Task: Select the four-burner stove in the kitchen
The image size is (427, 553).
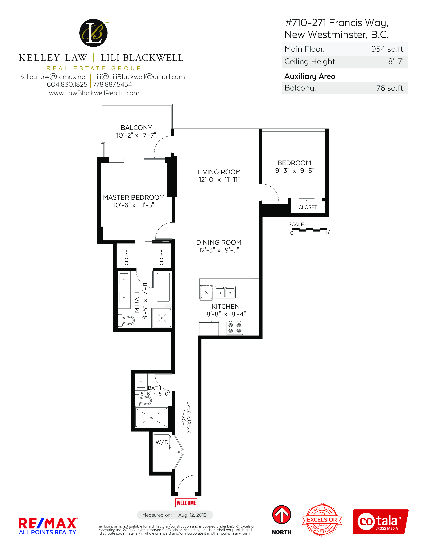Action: coord(235,328)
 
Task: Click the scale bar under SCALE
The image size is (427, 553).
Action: coord(309,230)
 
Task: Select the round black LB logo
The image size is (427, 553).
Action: coord(93,33)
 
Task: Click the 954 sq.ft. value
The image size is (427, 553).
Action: coord(388,49)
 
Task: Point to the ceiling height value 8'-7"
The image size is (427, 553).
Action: coord(396,61)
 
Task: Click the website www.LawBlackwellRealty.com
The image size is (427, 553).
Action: coord(94,93)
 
